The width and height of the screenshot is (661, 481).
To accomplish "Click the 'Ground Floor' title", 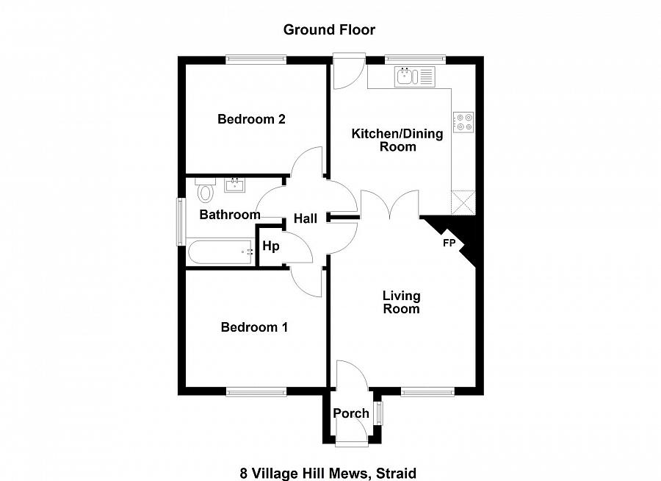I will (x=329, y=30).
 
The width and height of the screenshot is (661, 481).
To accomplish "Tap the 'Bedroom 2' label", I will (x=251, y=119).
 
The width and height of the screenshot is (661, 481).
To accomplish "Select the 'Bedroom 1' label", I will (x=254, y=327).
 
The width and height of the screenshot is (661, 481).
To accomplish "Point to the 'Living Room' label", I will (x=401, y=302).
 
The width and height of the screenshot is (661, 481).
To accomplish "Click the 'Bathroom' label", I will (x=230, y=215).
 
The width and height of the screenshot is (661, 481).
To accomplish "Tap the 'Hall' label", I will (x=306, y=218).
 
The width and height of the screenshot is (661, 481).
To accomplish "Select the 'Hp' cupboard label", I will (x=271, y=246).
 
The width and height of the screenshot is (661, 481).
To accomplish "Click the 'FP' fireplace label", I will (x=449, y=242).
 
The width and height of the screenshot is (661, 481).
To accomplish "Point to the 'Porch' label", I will (x=351, y=413).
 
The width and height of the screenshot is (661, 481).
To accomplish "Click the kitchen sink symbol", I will (x=415, y=75).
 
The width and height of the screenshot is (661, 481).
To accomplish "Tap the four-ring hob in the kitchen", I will (x=463, y=121).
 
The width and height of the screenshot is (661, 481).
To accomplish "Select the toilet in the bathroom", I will (x=205, y=192).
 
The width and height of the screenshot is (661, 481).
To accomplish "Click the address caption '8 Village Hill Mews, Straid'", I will (x=328, y=473).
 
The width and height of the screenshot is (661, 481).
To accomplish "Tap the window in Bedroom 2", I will (x=255, y=60).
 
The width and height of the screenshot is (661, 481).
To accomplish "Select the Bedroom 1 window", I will (x=256, y=392).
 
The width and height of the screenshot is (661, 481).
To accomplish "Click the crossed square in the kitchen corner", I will (x=463, y=202).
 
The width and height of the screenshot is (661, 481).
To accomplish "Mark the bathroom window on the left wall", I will (x=178, y=221).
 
